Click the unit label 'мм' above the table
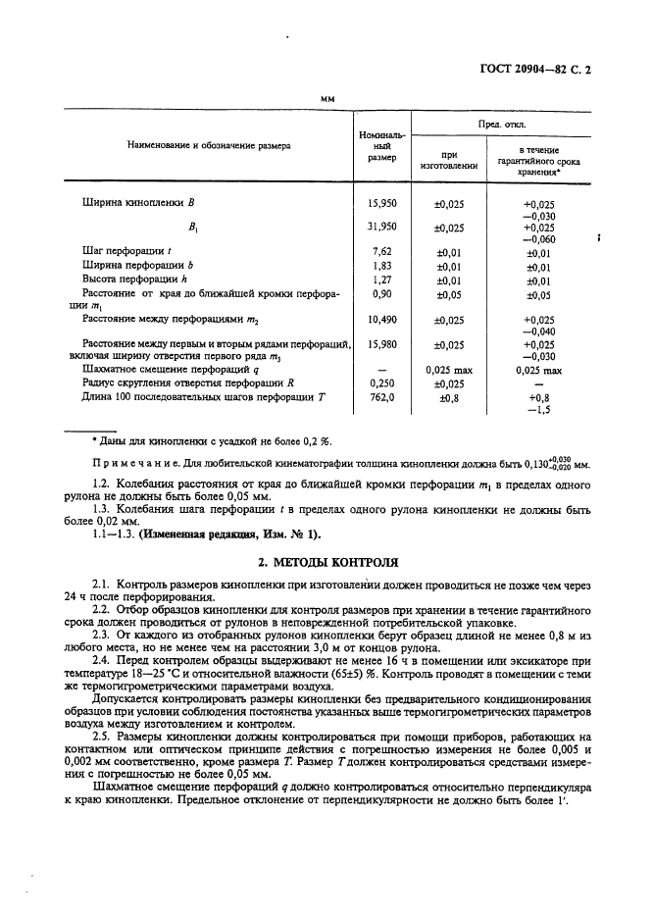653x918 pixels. [x=328, y=99]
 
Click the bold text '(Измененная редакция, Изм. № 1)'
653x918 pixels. [x=229, y=534]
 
